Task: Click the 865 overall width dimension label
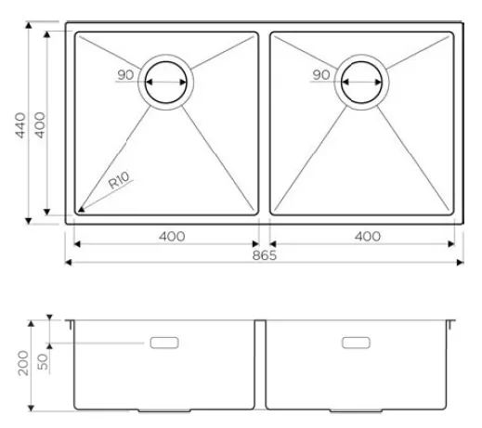click(264, 255)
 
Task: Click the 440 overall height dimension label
click(20, 125)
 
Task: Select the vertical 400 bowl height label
click(40, 125)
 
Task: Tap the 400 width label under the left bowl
click(172, 237)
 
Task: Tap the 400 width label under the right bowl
click(368, 237)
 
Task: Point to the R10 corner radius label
click(119, 180)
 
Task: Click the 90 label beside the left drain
click(125, 75)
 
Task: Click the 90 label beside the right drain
click(320, 75)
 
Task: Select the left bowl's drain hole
click(166, 83)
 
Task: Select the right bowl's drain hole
click(361, 83)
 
